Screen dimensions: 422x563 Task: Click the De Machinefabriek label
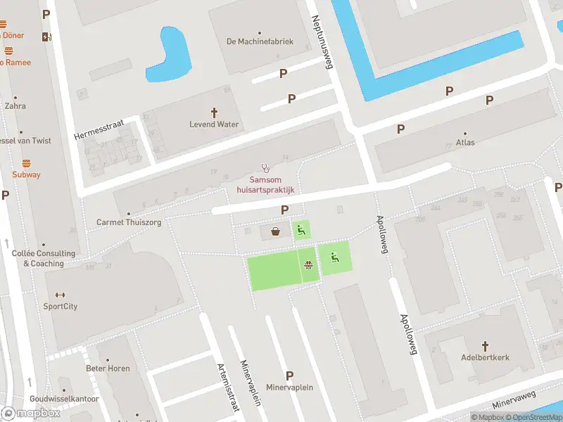coord(260,41)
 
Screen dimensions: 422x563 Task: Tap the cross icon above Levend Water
coord(215,113)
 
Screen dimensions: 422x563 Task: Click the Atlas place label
coord(465,142)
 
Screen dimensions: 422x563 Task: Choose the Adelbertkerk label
coord(484,357)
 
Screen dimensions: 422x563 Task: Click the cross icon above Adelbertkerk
coord(484,345)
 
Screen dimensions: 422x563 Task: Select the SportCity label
coord(61,306)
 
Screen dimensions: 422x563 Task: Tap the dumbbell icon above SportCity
coord(60,295)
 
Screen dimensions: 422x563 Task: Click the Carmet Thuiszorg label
coord(129,222)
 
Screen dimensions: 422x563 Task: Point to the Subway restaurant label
coord(26,174)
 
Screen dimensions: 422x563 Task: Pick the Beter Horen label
coord(108,368)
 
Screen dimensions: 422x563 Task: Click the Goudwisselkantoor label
coord(63,399)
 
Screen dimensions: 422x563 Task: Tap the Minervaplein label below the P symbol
coord(289,388)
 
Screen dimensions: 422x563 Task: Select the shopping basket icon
coord(274,231)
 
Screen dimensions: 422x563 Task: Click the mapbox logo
coord(31,414)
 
